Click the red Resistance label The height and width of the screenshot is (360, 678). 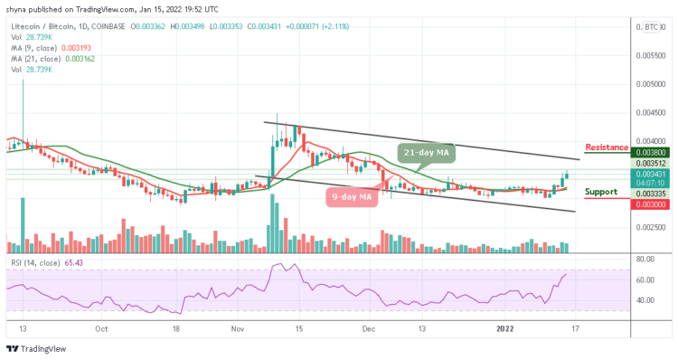(x=607, y=147)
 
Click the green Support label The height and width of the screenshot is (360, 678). (x=601, y=192)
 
